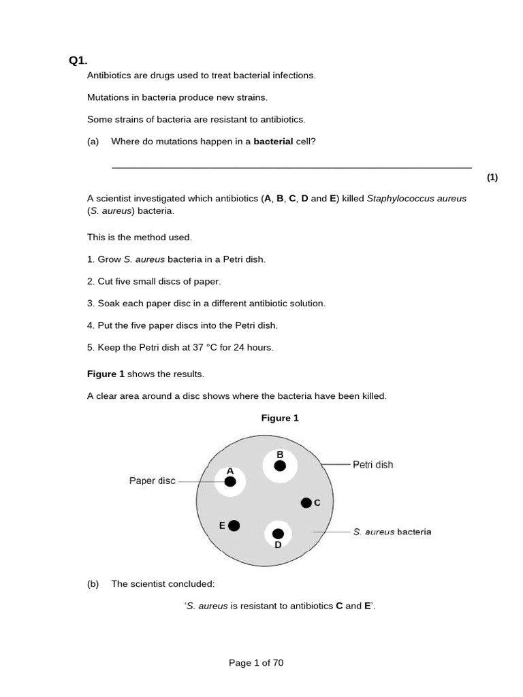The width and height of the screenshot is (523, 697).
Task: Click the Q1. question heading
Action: coord(78,61)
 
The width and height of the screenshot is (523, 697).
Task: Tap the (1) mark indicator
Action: coord(492,178)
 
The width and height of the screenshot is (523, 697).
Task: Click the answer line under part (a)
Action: coord(291,167)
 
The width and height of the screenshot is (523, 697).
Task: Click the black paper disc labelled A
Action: coord(230,482)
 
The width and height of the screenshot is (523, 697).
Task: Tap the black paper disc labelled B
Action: coord(280,466)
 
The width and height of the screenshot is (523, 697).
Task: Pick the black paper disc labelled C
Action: coord(306,503)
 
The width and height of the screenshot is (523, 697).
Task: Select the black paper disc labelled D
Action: coord(278,534)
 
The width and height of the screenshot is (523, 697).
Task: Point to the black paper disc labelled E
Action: coord(234,525)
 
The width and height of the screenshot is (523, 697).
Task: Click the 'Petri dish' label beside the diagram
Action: coord(373,465)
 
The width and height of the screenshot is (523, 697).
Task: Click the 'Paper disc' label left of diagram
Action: coord(152,481)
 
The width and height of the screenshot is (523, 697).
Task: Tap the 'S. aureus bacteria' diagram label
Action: coord(392,532)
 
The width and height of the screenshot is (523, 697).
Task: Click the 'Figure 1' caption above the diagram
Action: coord(280,419)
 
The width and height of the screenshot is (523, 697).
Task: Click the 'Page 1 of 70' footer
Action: coord(256,663)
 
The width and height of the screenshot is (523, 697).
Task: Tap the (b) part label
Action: coord(93,584)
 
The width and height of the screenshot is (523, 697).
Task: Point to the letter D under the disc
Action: coord(278,545)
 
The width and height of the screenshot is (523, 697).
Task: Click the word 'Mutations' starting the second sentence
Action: coord(108,97)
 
